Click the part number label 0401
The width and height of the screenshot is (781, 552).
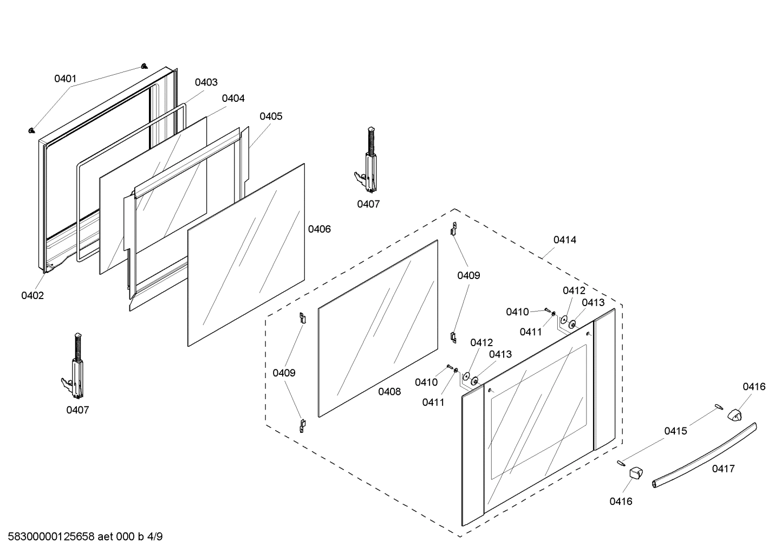(x=65, y=79)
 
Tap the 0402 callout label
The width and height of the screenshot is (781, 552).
(x=32, y=295)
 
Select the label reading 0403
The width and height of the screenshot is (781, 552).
(x=206, y=82)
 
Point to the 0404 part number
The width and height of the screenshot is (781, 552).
(x=233, y=98)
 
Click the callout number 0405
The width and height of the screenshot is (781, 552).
(x=271, y=116)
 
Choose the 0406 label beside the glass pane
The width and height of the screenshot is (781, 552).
(x=320, y=229)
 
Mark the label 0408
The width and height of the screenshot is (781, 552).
(x=389, y=391)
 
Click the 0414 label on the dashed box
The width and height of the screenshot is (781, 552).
(x=565, y=239)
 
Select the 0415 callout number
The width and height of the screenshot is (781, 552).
(x=676, y=431)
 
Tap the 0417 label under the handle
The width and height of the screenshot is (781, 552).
(x=724, y=469)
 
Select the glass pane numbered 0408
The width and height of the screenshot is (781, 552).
(x=378, y=328)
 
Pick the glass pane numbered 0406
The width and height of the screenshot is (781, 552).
(x=246, y=255)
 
